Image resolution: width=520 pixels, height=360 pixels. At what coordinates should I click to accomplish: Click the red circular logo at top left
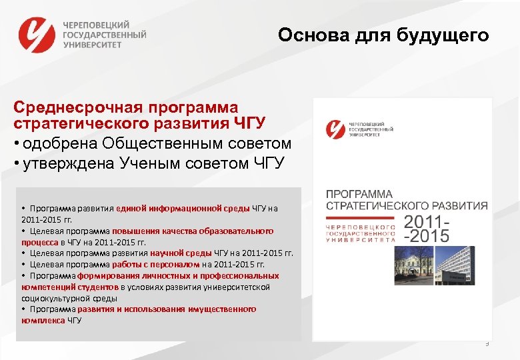[37, 35]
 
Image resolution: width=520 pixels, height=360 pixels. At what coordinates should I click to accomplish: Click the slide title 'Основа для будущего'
[383, 35]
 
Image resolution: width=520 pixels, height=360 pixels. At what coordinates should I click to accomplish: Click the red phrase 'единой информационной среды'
[183, 207]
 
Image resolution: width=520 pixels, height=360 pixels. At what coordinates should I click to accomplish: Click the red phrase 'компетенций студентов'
[71, 287]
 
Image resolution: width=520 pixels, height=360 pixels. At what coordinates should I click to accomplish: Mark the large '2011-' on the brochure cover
[427, 221]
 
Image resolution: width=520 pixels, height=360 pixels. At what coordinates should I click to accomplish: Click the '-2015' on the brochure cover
[426, 235]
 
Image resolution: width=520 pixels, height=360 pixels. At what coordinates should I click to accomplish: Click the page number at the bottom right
[487, 343]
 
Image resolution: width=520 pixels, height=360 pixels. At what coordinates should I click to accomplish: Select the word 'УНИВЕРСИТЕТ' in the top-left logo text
[93, 45]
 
